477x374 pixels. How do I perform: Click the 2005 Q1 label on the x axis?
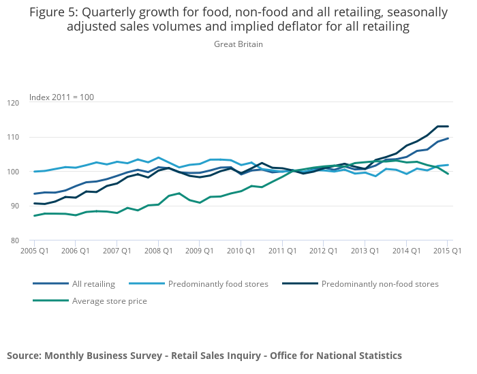34,251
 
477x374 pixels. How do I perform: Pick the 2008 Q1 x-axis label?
158,251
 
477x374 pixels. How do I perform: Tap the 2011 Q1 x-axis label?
281,251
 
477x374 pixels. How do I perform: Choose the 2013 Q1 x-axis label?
364,251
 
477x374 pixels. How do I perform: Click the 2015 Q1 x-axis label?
447,251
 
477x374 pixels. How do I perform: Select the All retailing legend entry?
93,283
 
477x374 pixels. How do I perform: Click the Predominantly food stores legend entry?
218,283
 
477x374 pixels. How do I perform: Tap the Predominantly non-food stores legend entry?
380,283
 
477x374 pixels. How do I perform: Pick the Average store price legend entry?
109,300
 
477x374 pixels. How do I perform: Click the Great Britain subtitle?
238,44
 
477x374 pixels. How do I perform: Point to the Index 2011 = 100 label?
61,97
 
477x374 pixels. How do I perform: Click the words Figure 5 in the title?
53,12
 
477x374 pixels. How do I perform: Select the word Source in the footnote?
24,356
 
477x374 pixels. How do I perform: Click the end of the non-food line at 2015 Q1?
448,126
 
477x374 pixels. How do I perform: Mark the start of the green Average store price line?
34,216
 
